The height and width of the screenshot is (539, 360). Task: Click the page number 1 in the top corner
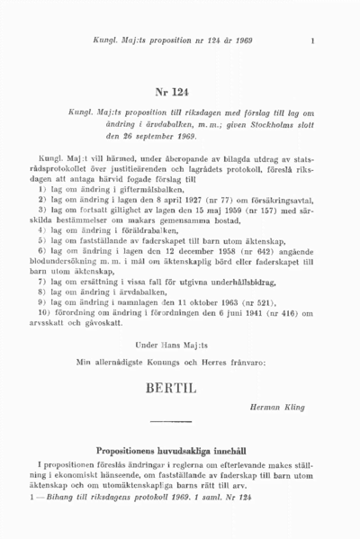click(x=311, y=40)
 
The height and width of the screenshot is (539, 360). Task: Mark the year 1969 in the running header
click(x=239, y=40)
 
